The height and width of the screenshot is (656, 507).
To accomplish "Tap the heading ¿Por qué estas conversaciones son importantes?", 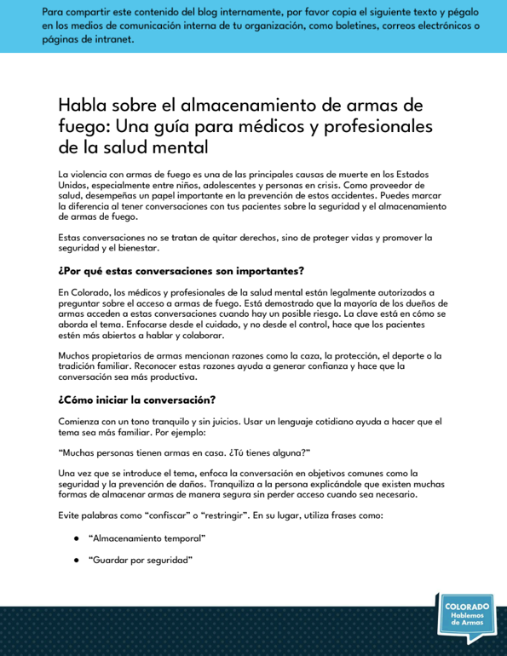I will click(181, 272).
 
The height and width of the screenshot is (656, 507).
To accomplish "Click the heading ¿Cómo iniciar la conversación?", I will click(136, 400).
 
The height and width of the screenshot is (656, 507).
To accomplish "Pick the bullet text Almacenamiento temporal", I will click(147, 538).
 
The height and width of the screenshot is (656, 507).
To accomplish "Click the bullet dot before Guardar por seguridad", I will click(77, 560).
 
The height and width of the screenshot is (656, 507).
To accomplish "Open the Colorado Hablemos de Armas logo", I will click(467, 614).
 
